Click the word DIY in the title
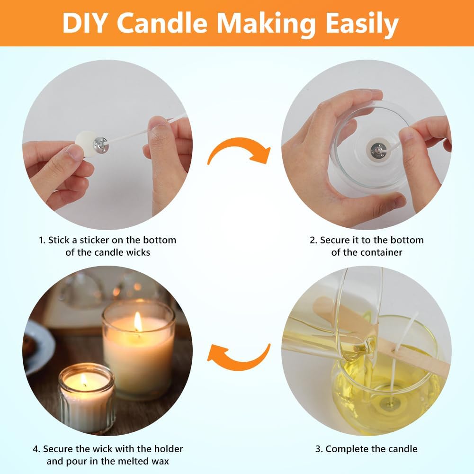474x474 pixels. pos(84,23)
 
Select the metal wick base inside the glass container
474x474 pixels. pos(376,149)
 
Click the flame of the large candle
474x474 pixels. pos(138,322)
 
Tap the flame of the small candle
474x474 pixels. pos(84,379)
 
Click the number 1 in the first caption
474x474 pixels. pos(42,241)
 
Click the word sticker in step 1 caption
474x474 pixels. pos(94,241)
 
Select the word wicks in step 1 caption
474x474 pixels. pos(138,252)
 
